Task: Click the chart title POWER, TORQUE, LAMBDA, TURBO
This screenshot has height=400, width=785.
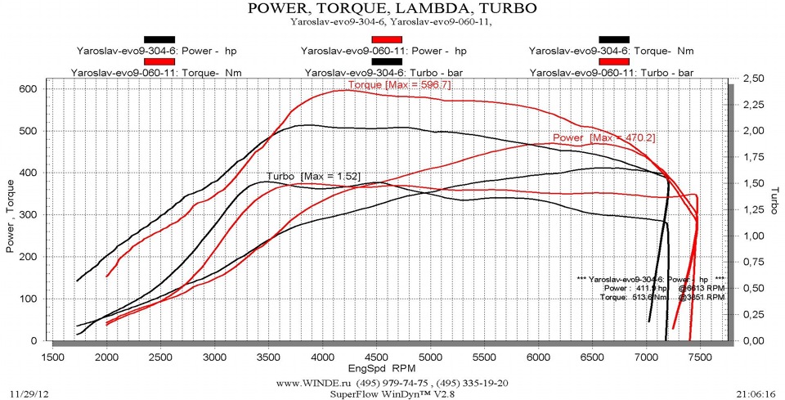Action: (392, 9)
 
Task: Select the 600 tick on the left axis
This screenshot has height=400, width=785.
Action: (29, 88)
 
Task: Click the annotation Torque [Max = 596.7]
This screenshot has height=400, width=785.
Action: (399, 85)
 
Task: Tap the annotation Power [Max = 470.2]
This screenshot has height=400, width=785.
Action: (592, 137)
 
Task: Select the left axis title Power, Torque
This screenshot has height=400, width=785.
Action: (11, 214)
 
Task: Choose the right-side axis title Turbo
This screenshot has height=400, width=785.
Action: (773, 200)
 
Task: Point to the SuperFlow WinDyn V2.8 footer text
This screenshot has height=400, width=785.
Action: (392, 393)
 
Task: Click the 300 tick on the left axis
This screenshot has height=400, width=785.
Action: (29, 214)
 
